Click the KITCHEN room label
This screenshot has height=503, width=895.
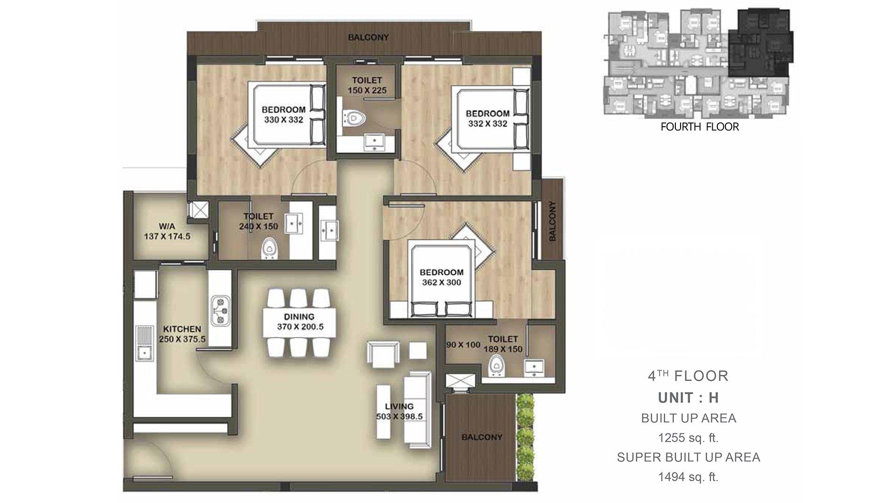(182, 329)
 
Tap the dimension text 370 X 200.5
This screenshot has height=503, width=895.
(300, 327)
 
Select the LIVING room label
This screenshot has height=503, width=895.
(399, 406)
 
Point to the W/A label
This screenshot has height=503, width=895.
(167, 226)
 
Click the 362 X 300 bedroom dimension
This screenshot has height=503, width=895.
(441, 283)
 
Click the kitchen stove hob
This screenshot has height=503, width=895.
(220, 310)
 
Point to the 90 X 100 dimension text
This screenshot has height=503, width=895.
(463, 345)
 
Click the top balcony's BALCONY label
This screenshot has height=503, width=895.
(368, 37)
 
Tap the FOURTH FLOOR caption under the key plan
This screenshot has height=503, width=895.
(700, 127)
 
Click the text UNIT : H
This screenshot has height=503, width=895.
(688, 398)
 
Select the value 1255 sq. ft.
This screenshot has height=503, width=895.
(688, 438)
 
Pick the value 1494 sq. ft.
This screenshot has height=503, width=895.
(688, 477)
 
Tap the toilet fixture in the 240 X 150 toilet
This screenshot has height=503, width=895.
(269, 248)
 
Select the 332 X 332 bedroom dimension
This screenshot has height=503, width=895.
(488, 124)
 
